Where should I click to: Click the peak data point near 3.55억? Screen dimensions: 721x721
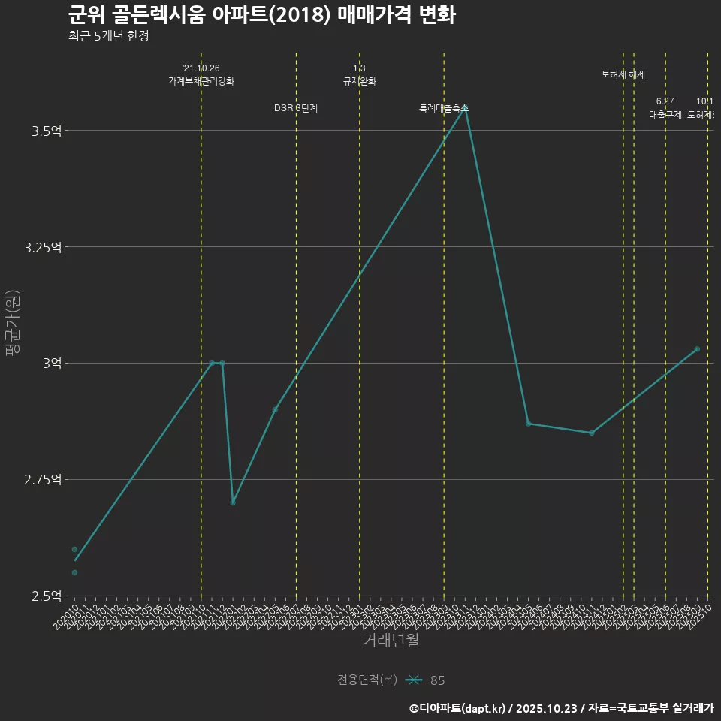[x=465, y=107]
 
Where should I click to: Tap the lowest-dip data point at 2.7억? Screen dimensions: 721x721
[x=233, y=502]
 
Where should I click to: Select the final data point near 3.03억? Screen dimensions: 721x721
[x=697, y=349]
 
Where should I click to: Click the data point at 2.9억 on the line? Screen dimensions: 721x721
[x=275, y=409]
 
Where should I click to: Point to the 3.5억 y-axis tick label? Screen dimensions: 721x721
[x=47, y=131]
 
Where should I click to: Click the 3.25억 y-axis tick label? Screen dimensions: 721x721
[x=43, y=247]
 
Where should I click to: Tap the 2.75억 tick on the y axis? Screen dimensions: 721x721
[x=43, y=479]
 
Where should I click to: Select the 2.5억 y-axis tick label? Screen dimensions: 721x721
[x=47, y=596]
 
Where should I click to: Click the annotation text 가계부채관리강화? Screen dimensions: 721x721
[x=201, y=81]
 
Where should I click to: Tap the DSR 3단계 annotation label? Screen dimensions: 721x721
[x=296, y=108]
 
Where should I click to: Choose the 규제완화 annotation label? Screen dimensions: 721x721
[x=359, y=81]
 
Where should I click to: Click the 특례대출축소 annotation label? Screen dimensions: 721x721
[x=443, y=108]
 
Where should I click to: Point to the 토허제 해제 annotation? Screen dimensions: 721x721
[x=623, y=74]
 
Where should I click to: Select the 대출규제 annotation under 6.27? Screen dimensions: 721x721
[x=665, y=115]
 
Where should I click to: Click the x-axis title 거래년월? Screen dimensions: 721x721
[x=391, y=640]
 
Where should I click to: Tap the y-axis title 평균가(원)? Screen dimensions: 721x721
[x=13, y=323]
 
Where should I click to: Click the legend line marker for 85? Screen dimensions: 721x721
[x=414, y=680]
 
